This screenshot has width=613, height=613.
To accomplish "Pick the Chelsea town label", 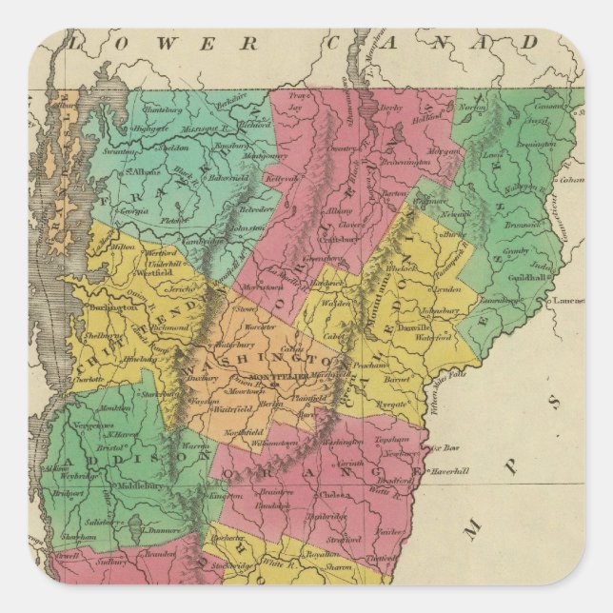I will (337, 495).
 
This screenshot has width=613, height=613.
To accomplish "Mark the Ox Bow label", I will (445, 446).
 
